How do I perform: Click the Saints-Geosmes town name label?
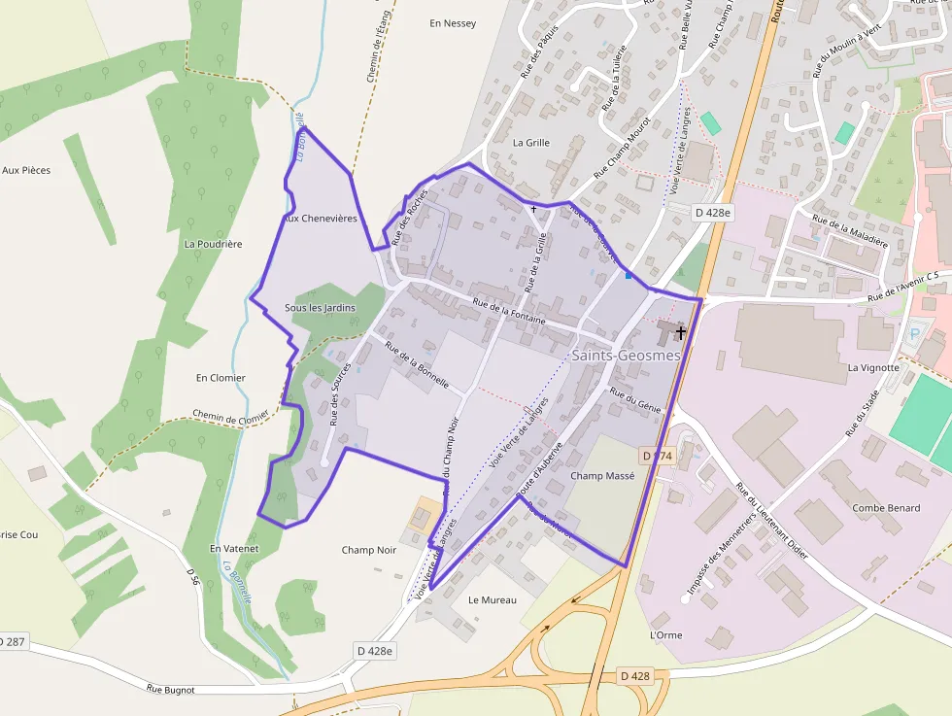(626, 356)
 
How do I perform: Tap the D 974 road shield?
(658, 455)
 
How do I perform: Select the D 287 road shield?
(12, 642)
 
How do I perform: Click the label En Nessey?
(453, 23)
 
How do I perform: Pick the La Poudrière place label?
(213, 244)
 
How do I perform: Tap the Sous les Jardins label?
(320, 308)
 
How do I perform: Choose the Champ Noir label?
(369, 550)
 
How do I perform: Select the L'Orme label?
(665, 634)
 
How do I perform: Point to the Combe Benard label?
(886, 508)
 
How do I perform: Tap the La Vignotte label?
(874, 368)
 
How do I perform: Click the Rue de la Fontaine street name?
(509, 311)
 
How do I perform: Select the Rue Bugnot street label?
(171, 689)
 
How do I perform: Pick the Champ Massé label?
(602, 476)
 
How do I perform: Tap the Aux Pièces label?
(26, 170)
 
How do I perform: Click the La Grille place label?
(531, 143)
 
